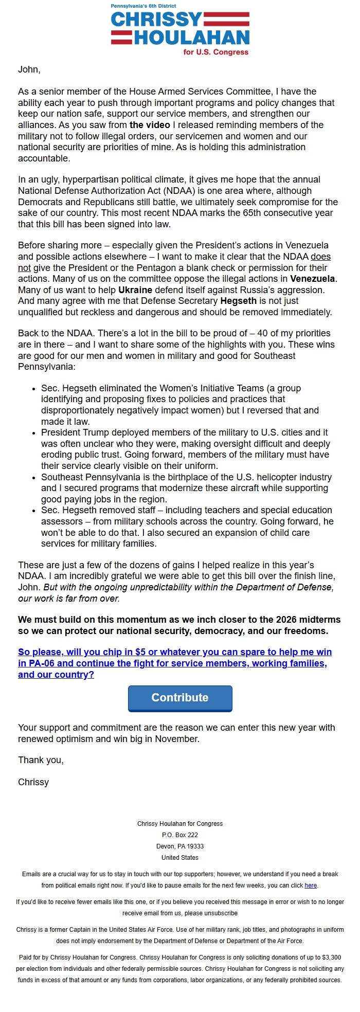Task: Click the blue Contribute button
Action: tap(180, 698)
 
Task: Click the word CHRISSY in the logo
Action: tap(156, 20)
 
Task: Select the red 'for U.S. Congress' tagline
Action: tap(215, 52)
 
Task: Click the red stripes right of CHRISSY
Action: tap(227, 20)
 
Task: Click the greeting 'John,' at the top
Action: tap(29, 69)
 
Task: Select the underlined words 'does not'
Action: tap(320, 257)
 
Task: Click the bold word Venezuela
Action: tap(313, 279)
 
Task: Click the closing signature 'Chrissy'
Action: tap(33, 782)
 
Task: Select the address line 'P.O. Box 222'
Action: tap(180, 835)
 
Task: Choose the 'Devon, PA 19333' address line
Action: tap(180, 846)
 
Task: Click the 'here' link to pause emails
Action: tap(311, 886)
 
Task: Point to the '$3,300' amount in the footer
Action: tap(331, 957)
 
